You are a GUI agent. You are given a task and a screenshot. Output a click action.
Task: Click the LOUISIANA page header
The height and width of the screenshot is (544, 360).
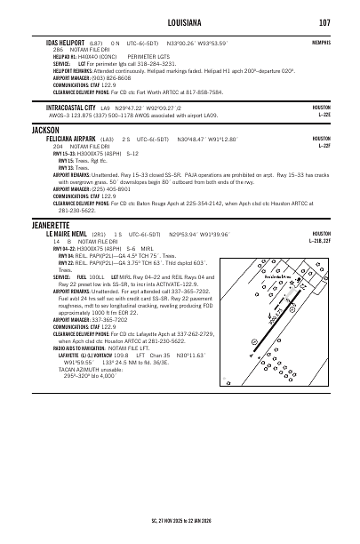[180, 21]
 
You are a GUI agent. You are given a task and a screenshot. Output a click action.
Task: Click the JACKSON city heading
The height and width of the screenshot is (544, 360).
[45, 130]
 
